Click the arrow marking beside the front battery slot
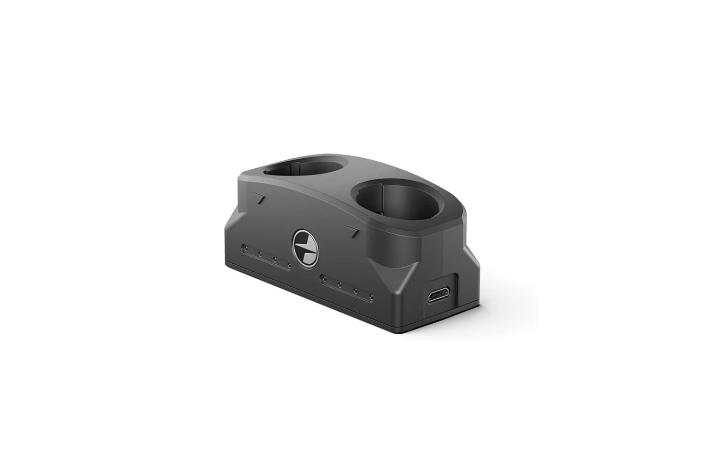point(353,231)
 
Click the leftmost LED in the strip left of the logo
point(244,249)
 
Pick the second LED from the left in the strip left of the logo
point(260,254)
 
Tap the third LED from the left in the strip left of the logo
point(275,260)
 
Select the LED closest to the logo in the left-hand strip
point(289,265)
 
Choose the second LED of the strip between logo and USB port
point(339,285)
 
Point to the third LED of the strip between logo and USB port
point(356,291)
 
